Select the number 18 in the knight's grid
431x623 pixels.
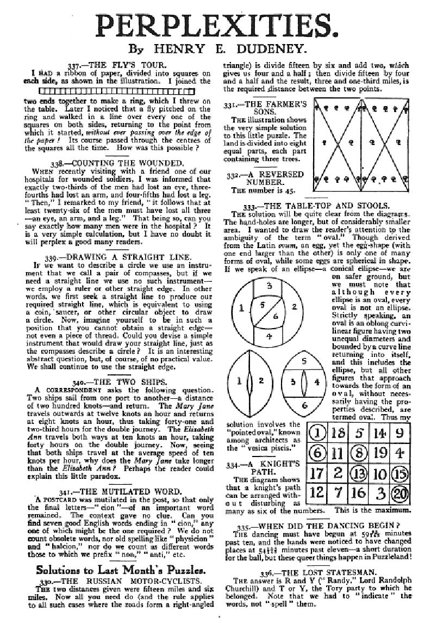click(x=338, y=433)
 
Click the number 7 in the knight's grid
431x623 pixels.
click(x=338, y=492)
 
